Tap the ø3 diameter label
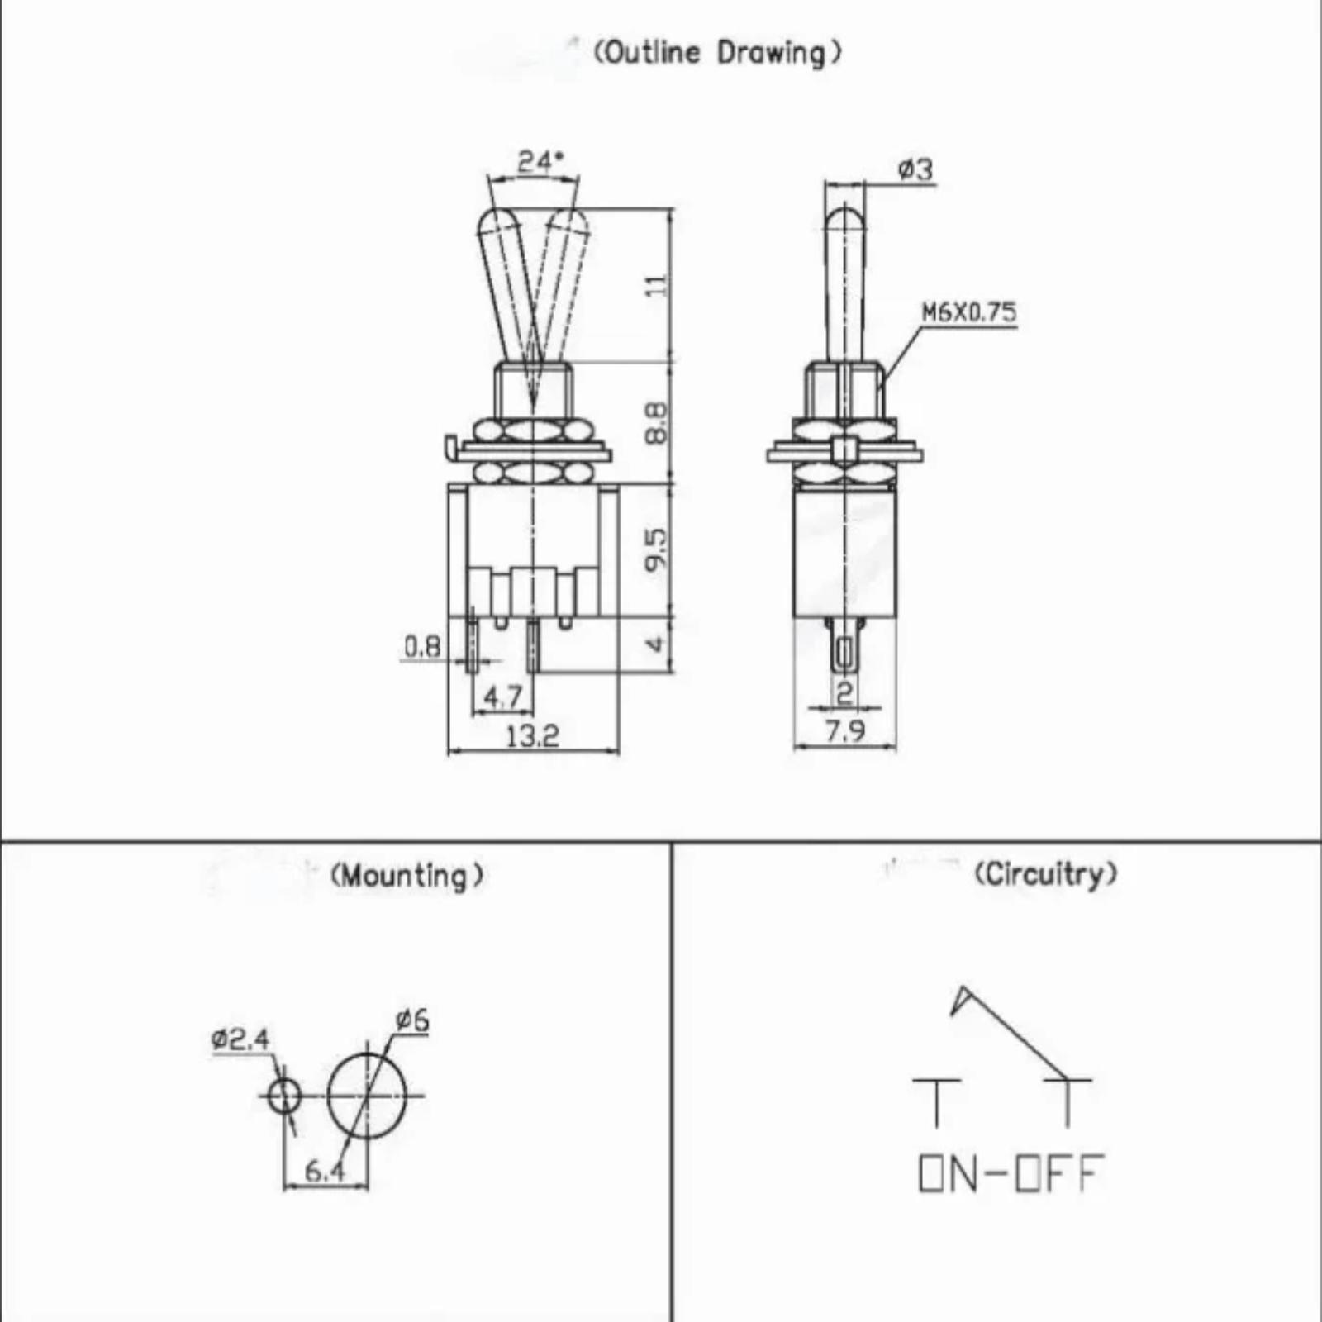[x=915, y=169]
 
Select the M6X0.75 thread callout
[x=969, y=312]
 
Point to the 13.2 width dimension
[x=532, y=735]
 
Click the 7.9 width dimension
[x=844, y=730]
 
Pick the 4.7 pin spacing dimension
[x=502, y=697]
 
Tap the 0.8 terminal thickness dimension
[x=422, y=646]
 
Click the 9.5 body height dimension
[x=656, y=549]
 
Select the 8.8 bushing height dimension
[x=656, y=422]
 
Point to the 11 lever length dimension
[x=656, y=285]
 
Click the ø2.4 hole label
[x=240, y=1039]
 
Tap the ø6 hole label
[x=412, y=1020]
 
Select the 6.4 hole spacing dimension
[x=324, y=1171]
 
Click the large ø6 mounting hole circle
[x=329, y=1096]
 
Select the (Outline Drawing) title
[x=718, y=53]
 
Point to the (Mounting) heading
[x=407, y=875]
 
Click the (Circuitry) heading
[x=1046, y=873]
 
